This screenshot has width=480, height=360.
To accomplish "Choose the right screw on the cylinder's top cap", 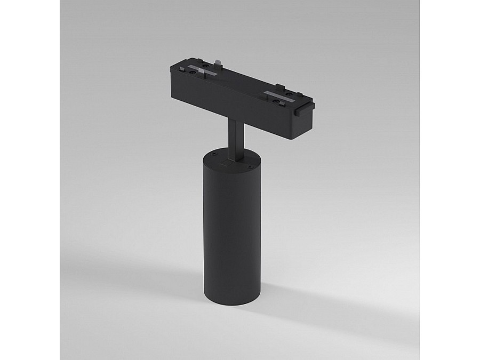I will pyautogui.click(x=249, y=166).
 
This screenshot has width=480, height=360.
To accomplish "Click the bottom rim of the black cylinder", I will pyautogui.click(x=230, y=303).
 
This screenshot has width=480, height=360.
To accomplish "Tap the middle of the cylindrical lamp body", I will pyautogui.click(x=230, y=229).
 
